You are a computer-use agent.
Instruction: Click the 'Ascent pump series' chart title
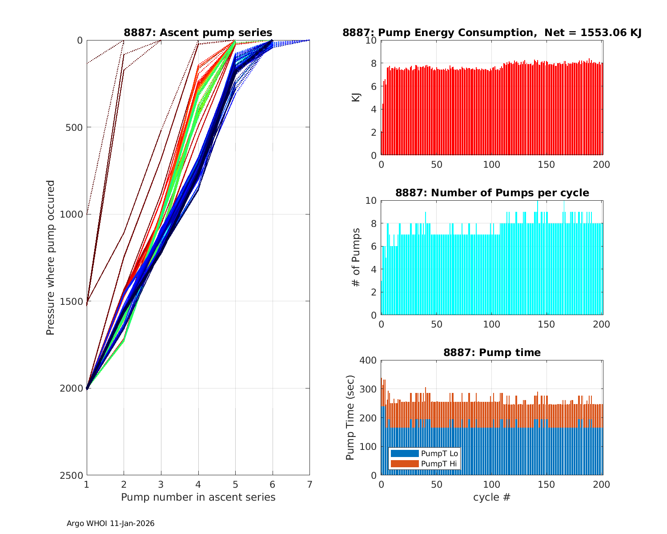[198, 32]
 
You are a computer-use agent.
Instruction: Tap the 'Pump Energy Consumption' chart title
[492, 32]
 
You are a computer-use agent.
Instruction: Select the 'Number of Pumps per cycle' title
[492, 193]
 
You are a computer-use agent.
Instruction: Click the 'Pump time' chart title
[492, 352]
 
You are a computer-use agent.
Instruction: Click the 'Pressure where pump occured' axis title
[50, 258]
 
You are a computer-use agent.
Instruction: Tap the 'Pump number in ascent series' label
[198, 497]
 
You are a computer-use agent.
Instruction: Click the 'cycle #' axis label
[492, 497]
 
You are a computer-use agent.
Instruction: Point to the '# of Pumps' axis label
[356, 258]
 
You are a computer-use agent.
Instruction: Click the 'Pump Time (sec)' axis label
[350, 418]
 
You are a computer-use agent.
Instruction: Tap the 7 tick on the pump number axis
[309, 484]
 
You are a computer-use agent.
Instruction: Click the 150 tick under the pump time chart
[546, 484]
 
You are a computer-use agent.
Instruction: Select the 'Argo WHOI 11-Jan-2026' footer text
[110, 523]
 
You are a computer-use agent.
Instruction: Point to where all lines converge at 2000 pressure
[87, 388]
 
